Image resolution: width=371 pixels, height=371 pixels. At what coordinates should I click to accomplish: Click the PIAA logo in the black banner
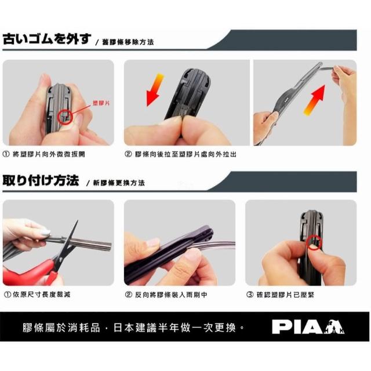(308, 327)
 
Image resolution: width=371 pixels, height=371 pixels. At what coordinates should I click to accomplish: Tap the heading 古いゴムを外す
(47, 39)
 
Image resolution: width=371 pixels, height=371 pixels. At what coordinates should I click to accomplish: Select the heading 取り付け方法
(41, 180)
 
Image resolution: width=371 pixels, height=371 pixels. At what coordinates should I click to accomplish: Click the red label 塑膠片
(101, 103)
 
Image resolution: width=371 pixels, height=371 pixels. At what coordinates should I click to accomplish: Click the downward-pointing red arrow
(154, 90)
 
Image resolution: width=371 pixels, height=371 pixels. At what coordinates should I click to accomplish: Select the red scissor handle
(28, 274)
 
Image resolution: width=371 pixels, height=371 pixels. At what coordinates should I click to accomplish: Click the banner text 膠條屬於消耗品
(61, 328)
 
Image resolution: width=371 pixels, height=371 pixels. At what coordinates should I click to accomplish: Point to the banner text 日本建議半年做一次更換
(175, 328)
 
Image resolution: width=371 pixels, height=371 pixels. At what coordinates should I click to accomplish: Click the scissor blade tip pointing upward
(77, 221)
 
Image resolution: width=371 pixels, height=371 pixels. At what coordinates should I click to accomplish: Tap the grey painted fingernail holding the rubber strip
(45, 232)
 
